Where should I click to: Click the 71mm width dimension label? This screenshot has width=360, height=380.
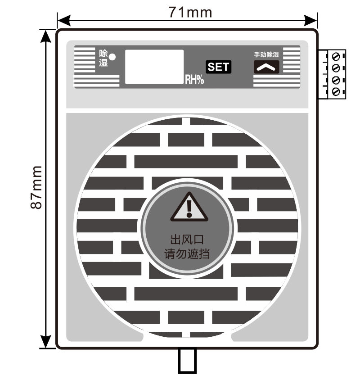[x=190, y=12]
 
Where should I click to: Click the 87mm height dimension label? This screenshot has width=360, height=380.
[x=36, y=187]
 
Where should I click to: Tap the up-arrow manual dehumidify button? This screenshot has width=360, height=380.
[x=266, y=67]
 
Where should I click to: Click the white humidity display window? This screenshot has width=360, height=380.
[x=154, y=67]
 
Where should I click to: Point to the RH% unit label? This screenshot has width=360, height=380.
[x=194, y=79]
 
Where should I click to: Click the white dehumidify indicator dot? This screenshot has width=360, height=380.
[x=112, y=57]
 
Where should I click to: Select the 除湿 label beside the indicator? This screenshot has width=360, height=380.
[x=103, y=58]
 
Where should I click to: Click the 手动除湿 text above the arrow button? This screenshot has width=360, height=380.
[x=266, y=54]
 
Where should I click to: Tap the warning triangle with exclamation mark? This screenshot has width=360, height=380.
[x=189, y=207]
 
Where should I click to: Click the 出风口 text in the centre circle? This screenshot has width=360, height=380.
[x=187, y=240]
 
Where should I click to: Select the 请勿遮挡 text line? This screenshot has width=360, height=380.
[x=187, y=254]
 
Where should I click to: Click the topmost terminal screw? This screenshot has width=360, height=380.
[x=336, y=57]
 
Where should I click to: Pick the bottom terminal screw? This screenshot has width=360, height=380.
[x=336, y=92]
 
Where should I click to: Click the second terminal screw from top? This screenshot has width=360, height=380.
[x=336, y=68]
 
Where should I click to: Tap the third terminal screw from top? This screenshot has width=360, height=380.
[x=336, y=80]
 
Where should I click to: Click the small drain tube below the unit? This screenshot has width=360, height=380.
[x=187, y=361]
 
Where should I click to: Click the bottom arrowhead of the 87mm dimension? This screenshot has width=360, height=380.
[x=46, y=342]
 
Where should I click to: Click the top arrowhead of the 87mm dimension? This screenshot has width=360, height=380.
[x=46, y=36]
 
